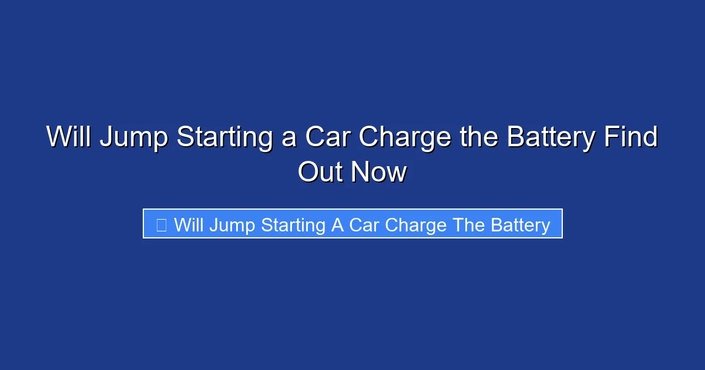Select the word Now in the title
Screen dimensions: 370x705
point(379,173)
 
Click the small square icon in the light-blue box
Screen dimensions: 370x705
point(162,224)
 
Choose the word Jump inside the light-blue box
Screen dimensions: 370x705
point(230,226)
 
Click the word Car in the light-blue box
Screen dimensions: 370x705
point(364,225)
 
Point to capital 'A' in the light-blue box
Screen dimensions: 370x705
point(337,225)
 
